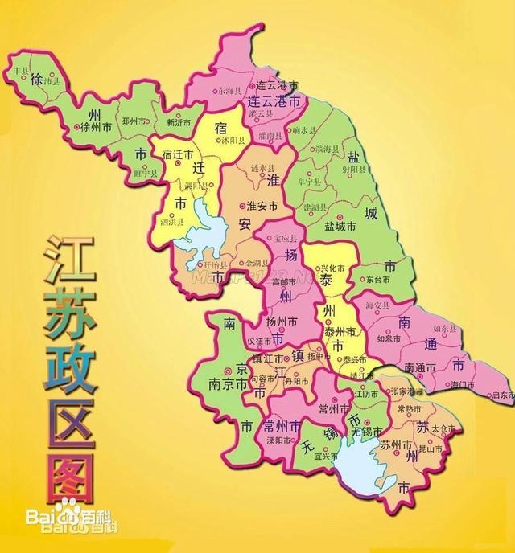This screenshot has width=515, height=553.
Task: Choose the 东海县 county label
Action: [231, 93]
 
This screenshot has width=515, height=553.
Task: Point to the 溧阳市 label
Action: [274, 440]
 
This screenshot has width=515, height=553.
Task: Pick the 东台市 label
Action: [386, 281]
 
